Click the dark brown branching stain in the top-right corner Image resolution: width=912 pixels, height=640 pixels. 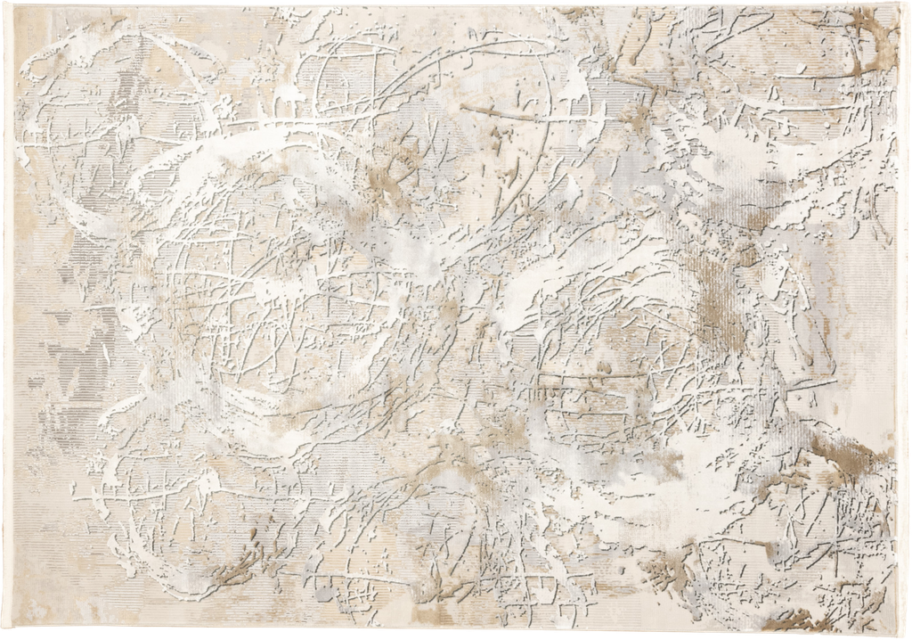pos(868,45)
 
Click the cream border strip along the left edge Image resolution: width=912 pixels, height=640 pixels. pos(10,321)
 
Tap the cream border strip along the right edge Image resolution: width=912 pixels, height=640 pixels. pos(901,321)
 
